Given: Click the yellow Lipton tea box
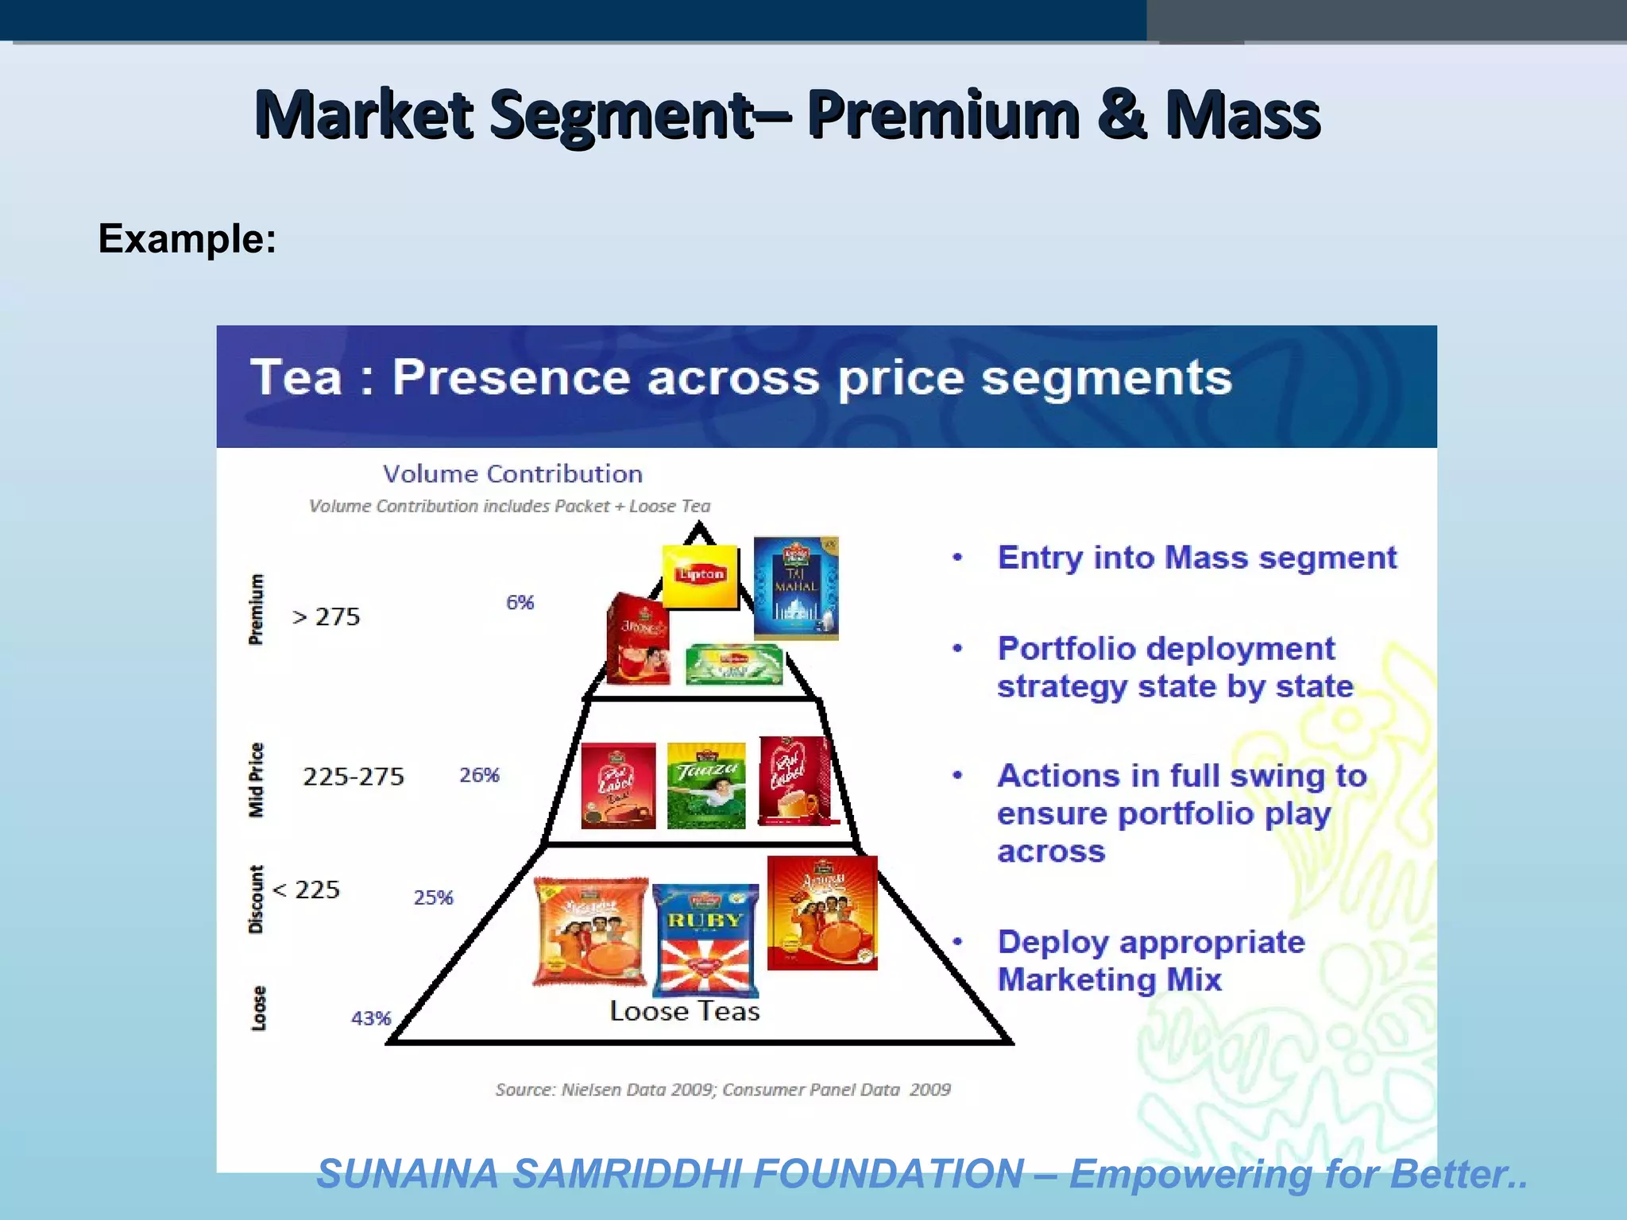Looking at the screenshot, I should [x=700, y=577].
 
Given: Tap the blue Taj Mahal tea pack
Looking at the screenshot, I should [x=795, y=588].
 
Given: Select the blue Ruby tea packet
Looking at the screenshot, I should [x=705, y=940].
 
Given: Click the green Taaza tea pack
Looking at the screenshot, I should [x=706, y=786].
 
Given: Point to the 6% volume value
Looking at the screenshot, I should [x=520, y=603].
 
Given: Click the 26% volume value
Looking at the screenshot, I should [x=480, y=775].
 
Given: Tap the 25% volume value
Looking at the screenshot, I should [x=434, y=898].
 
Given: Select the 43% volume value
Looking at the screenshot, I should [x=371, y=1018].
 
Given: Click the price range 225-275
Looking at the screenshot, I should [x=354, y=776].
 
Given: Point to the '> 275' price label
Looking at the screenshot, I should [x=326, y=617].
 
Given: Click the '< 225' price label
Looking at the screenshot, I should [x=306, y=890].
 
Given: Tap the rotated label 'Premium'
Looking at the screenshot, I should [x=256, y=609].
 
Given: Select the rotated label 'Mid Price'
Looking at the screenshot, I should [x=256, y=779].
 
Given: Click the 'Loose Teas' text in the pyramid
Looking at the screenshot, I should [x=684, y=1011].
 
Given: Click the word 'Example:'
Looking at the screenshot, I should [x=187, y=238].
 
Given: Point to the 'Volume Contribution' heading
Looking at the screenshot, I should [x=512, y=474].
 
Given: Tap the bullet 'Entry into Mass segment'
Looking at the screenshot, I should [x=1196, y=558].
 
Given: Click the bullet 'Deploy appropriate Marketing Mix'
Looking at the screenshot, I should [x=1150, y=960].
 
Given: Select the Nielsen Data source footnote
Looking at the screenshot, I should [x=723, y=1090].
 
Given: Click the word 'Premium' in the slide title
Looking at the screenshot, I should [x=943, y=115].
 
